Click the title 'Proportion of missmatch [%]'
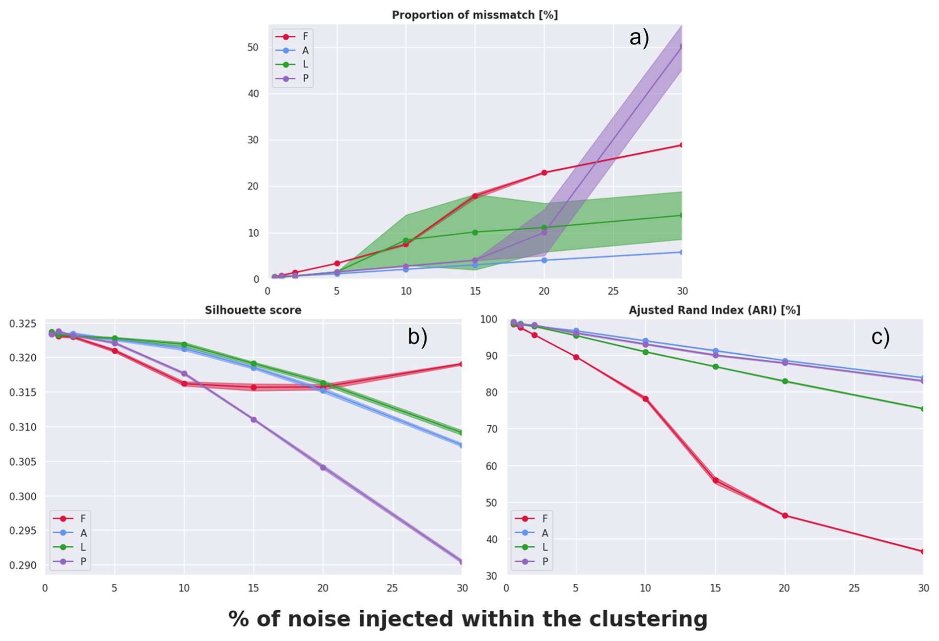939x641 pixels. (x=474, y=15)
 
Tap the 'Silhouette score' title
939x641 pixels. (x=253, y=310)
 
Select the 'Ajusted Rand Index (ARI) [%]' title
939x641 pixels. (x=714, y=310)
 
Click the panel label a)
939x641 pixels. (x=639, y=38)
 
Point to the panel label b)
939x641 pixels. (x=417, y=337)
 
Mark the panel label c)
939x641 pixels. (x=880, y=337)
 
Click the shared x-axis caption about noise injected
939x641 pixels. (x=468, y=619)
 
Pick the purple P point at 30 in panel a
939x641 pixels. (x=681, y=47)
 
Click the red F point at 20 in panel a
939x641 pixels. (x=544, y=173)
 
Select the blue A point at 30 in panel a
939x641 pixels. (x=681, y=252)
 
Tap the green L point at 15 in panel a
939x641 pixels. (x=475, y=232)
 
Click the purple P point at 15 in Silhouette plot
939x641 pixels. (x=254, y=420)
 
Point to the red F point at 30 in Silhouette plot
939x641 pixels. (x=461, y=364)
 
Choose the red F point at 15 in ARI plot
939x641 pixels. (x=715, y=480)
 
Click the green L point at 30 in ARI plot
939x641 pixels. (x=923, y=409)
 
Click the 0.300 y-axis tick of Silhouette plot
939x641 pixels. (x=23, y=496)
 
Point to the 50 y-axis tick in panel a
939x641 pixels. (x=253, y=47)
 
